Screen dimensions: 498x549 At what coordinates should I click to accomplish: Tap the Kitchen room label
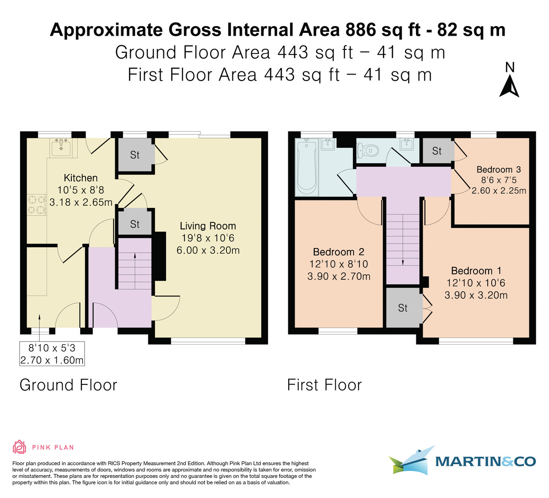(x=81, y=178)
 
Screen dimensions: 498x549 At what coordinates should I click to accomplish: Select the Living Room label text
(x=208, y=226)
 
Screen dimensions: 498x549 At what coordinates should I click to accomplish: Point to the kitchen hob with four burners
(x=37, y=205)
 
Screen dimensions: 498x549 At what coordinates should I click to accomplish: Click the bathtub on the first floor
(x=307, y=168)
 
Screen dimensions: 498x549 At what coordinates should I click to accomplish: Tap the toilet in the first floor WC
(x=368, y=150)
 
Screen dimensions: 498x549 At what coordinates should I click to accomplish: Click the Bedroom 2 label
(x=339, y=252)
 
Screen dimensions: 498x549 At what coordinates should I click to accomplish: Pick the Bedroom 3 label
(x=499, y=169)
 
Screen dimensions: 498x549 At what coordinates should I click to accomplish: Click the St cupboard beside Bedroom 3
(x=437, y=151)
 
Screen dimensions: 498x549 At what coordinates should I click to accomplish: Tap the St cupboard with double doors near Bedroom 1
(x=403, y=308)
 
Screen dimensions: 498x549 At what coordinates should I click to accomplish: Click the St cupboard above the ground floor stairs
(x=135, y=224)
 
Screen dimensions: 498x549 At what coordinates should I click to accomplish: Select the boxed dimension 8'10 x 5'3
(x=52, y=354)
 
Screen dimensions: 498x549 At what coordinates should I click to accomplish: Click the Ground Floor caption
(x=68, y=385)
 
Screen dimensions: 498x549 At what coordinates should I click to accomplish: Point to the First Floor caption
(x=324, y=385)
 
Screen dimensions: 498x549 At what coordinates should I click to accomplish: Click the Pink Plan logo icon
(x=19, y=447)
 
